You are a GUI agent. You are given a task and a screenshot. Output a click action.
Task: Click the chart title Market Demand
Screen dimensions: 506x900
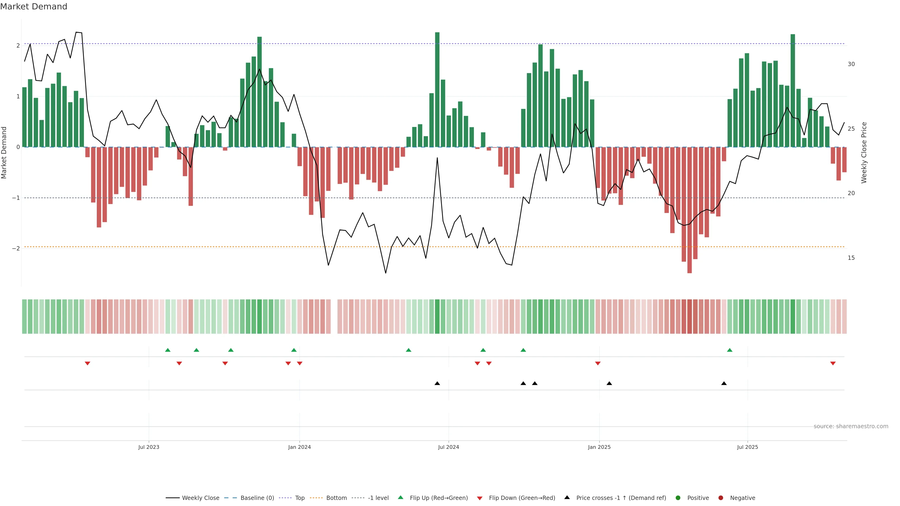pos(34,7)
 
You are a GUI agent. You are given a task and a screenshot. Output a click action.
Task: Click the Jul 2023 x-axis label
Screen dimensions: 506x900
pos(149,447)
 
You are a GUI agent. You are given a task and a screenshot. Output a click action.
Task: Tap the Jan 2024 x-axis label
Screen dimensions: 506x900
pos(300,447)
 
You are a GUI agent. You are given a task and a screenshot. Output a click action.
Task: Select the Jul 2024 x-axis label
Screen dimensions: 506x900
pos(449,447)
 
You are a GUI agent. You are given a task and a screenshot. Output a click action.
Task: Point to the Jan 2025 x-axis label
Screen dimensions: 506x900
pos(599,447)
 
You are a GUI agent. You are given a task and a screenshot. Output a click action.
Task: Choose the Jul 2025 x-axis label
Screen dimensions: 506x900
pos(748,447)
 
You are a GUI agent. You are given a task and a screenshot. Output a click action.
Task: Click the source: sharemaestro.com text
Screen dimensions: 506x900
pos(851,426)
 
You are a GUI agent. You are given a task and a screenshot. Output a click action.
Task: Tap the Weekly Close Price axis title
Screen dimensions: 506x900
pos(864,153)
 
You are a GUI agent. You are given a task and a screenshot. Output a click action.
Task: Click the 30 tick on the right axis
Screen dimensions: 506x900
pos(851,64)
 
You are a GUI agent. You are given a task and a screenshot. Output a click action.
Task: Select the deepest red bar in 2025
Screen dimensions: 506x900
pos(689,209)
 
